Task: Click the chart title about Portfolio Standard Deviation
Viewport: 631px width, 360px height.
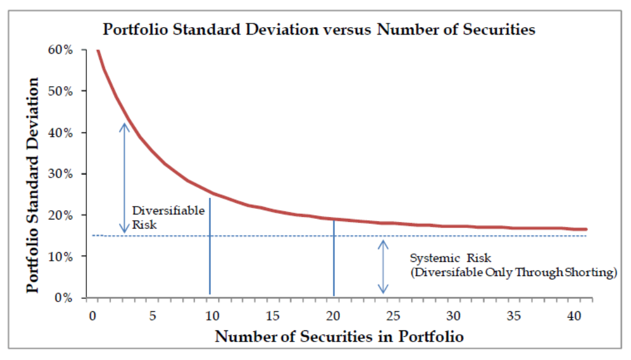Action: click(319, 29)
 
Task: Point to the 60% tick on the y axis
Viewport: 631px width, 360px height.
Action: click(62, 50)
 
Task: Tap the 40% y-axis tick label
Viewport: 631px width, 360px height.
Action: click(62, 133)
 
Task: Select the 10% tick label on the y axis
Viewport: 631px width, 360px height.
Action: click(62, 256)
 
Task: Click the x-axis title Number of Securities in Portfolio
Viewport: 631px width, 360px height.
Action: click(339, 337)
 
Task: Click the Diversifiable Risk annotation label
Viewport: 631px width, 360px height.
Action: click(160, 218)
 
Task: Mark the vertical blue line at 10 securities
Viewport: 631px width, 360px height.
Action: click(210, 247)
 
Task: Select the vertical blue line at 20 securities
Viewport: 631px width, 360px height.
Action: click(334, 259)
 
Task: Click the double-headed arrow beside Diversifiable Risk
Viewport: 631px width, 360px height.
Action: click(125, 178)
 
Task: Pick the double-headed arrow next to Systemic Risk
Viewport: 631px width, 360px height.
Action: click(383, 266)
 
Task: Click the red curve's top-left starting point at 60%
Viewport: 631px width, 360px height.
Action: click(97, 51)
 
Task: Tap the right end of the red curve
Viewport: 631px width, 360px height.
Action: click(586, 229)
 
